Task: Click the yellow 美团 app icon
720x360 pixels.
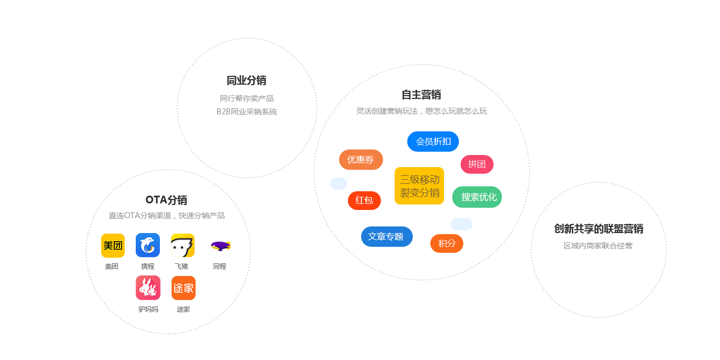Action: coord(113,245)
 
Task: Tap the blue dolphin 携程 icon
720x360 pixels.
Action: coord(148,245)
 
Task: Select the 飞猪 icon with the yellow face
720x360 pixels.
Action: coord(182,245)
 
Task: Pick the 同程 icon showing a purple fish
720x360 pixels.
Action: coord(220,245)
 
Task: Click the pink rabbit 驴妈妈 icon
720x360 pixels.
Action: coord(148,287)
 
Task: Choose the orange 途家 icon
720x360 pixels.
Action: coord(184,287)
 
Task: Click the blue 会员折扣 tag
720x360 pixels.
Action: coord(433,141)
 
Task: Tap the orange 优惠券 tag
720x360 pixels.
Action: coord(361,159)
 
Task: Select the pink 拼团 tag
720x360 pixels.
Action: coord(477,164)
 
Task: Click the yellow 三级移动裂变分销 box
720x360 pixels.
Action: coord(419,186)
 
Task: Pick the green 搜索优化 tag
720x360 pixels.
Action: coord(477,197)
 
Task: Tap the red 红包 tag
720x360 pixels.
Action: coord(364,200)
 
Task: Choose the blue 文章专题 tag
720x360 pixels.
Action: coord(386,236)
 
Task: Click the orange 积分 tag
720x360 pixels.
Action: coord(446,243)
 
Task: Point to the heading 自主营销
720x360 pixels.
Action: coord(422,95)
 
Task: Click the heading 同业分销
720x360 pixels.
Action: coord(246,80)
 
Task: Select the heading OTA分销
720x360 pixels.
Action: coord(167,200)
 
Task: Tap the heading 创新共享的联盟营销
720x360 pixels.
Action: coord(599,229)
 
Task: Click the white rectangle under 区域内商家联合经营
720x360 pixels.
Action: coord(595,276)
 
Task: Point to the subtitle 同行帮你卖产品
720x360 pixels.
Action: coord(247,98)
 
